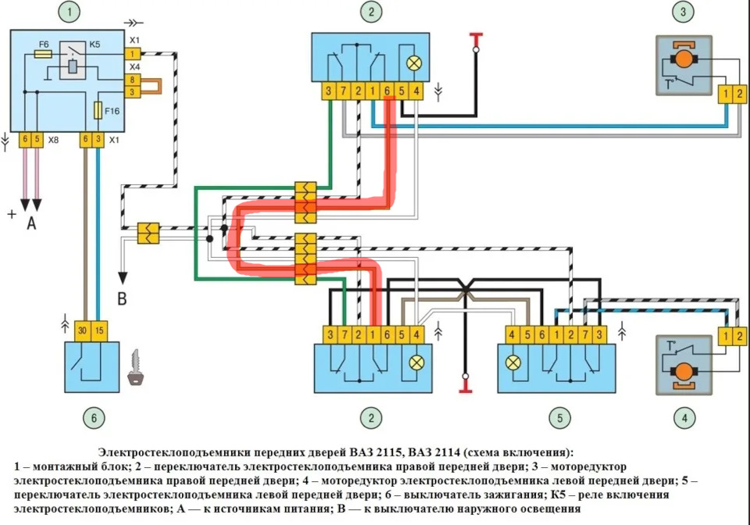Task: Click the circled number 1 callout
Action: click(x=70, y=12)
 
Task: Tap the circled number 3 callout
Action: click(x=684, y=12)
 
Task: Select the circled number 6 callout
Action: click(x=94, y=418)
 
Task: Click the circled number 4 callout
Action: click(x=684, y=418)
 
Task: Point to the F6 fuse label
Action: click(x=44, y=45)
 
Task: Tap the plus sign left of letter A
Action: click(x=12, y=213)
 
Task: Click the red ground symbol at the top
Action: click(x=474, y=37)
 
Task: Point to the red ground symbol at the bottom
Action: click(x=463, y=385)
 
